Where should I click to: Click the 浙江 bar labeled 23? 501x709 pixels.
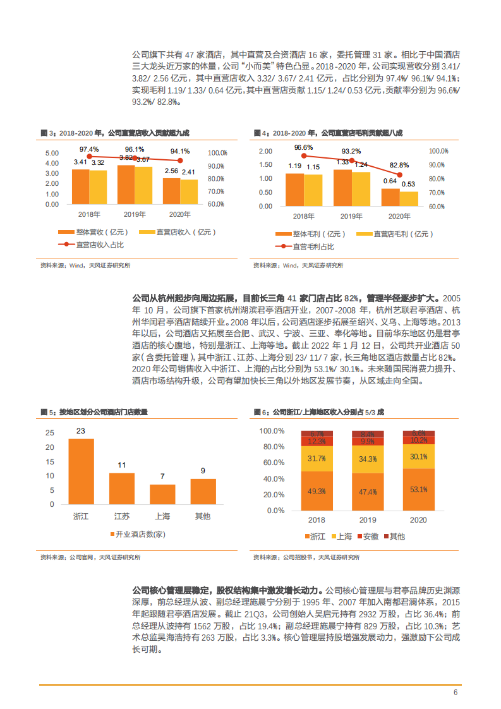click(x=81, y=471)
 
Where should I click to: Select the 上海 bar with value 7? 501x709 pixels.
click(x=162, y=494)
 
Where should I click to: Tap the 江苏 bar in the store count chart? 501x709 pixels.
click(x=122, y=488)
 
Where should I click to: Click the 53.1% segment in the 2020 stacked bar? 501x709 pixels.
click(x=419, y=489)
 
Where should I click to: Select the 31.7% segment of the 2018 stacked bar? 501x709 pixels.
click(x=317, y=459)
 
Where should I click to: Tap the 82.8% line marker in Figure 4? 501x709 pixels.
click(x=399, y=174)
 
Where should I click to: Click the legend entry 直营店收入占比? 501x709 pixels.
click(x=94, y=244)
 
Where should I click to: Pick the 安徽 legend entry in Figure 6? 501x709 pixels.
click(x=369, y=536)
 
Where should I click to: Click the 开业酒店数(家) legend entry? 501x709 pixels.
click(x=137, y=535)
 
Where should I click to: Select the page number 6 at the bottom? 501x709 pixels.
click(x=455, y=692)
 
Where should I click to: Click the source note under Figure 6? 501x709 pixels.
click(x=306, y=557)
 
